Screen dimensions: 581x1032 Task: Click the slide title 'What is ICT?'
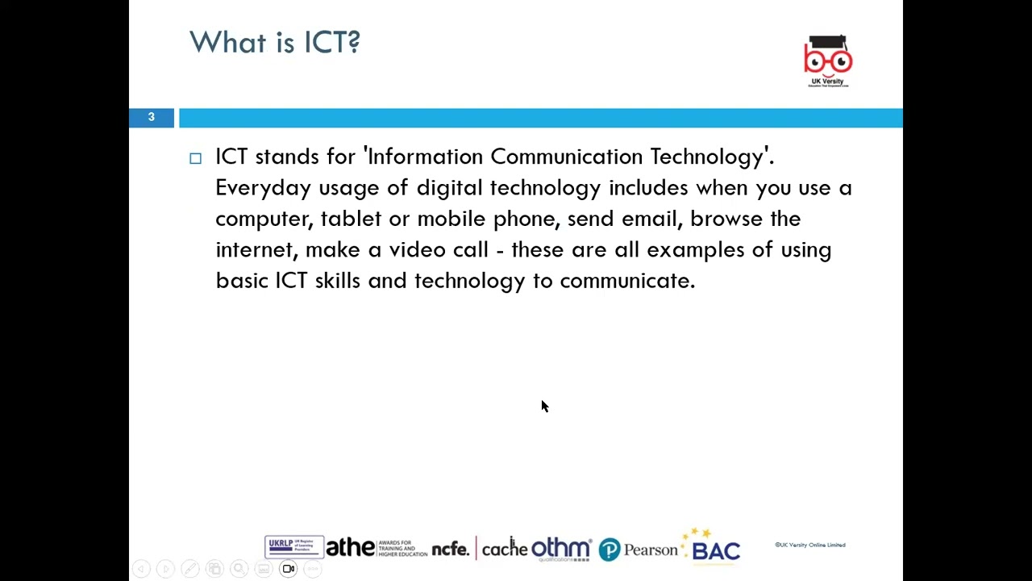(274, 42)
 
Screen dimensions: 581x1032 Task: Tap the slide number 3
(151, 118)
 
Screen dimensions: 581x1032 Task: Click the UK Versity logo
(827, 61)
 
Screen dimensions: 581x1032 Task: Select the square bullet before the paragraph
(195, 158)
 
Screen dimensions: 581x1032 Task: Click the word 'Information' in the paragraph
(425, 157)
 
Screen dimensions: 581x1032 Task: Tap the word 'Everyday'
(263, 188)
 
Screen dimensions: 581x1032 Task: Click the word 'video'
(418, 250)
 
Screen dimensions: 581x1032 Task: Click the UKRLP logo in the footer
(293, 547)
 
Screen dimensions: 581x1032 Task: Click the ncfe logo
(450, 550)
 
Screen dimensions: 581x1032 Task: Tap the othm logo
(560, 549)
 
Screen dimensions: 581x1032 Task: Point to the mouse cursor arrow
(544, 406)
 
